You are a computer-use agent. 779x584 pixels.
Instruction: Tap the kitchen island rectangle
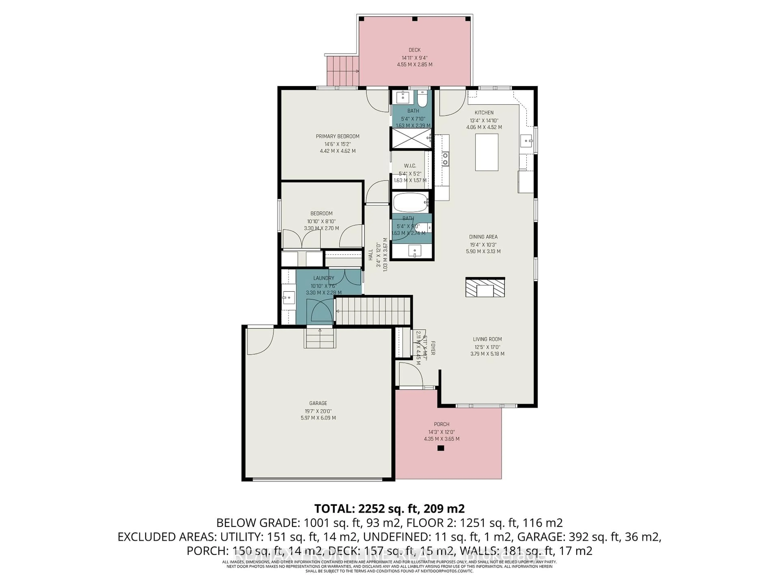click(x=487, y=152)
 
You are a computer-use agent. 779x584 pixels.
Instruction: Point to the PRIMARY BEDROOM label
click(x=337, y=136)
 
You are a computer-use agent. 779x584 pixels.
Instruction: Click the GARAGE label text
click(x=318, y=403)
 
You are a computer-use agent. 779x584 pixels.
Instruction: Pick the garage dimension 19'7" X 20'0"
click(x=318, y=411)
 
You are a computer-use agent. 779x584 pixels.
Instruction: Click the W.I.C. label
click(x=410, y=165)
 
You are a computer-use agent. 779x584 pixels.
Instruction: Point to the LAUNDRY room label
click(x=324, y=278)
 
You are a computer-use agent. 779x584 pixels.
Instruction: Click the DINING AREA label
click(x=483, y=237)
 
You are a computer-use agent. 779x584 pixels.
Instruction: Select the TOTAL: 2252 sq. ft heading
click(x=389, y=508)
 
